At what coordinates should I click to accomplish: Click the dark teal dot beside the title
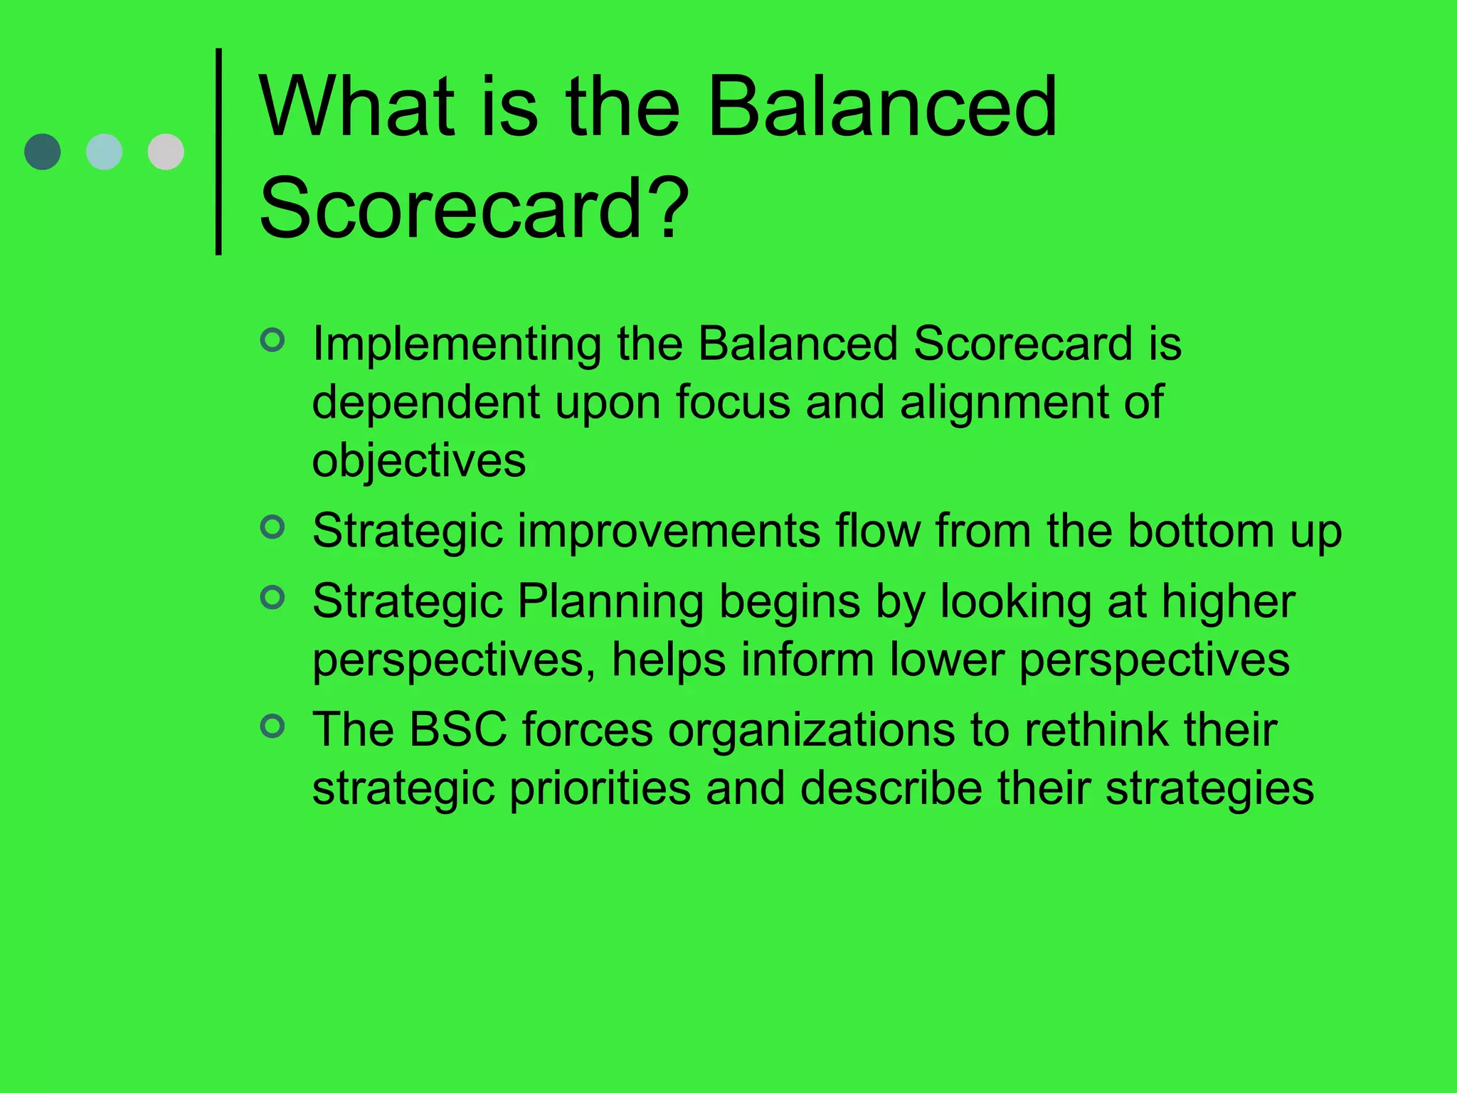point(43,152)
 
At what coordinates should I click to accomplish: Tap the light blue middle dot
point(104,152)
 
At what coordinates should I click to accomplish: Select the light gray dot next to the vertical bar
point(166,152)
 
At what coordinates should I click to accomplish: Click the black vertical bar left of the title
point(218,151)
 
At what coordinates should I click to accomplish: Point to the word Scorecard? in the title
point(474,208)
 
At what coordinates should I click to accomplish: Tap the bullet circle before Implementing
point(272,339)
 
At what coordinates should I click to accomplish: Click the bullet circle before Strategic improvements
point(272,527)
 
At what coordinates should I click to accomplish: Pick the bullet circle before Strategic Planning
point(272,597)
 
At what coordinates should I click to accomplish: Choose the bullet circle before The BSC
point(272,726)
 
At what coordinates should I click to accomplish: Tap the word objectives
point(419,461)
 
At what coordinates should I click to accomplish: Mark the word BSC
point(458,730)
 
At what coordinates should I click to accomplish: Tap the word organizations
point(811,732)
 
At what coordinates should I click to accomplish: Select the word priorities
point(600,790)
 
